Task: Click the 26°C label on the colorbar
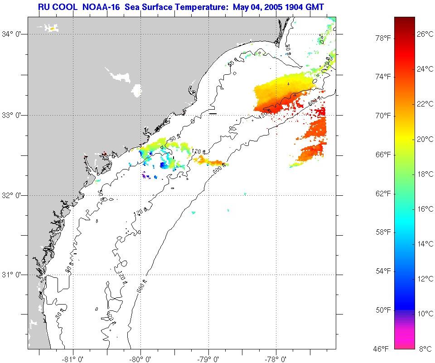425,34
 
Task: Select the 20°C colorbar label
425,139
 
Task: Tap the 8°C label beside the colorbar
426,348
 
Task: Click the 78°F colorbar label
383,38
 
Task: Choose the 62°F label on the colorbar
383,194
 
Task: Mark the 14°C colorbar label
425,244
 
